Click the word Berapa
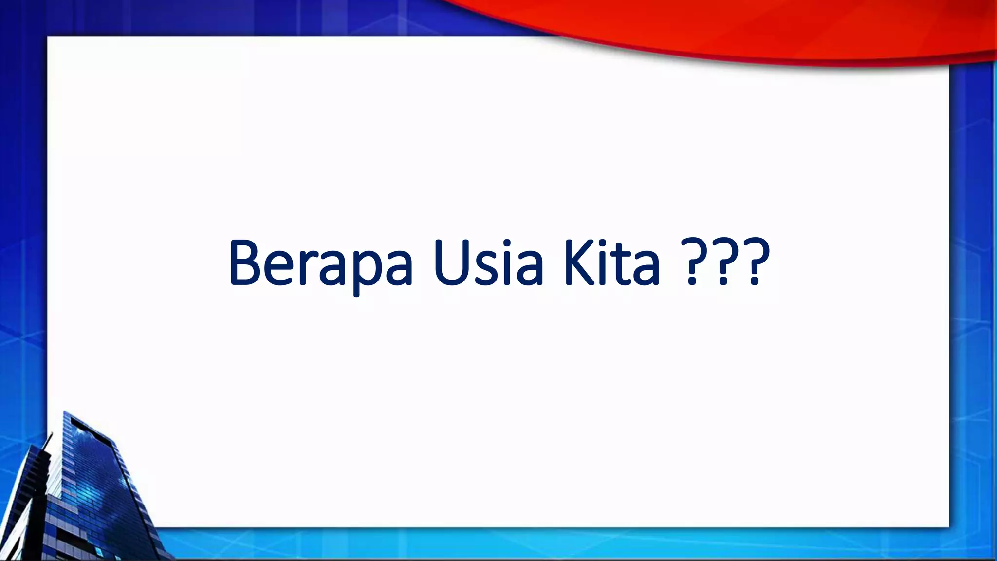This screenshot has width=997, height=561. point(321,263)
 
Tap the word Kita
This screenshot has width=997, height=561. point(612,263)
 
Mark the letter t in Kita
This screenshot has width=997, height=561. point(623,265)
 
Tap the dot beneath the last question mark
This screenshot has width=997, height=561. point(753,281)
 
